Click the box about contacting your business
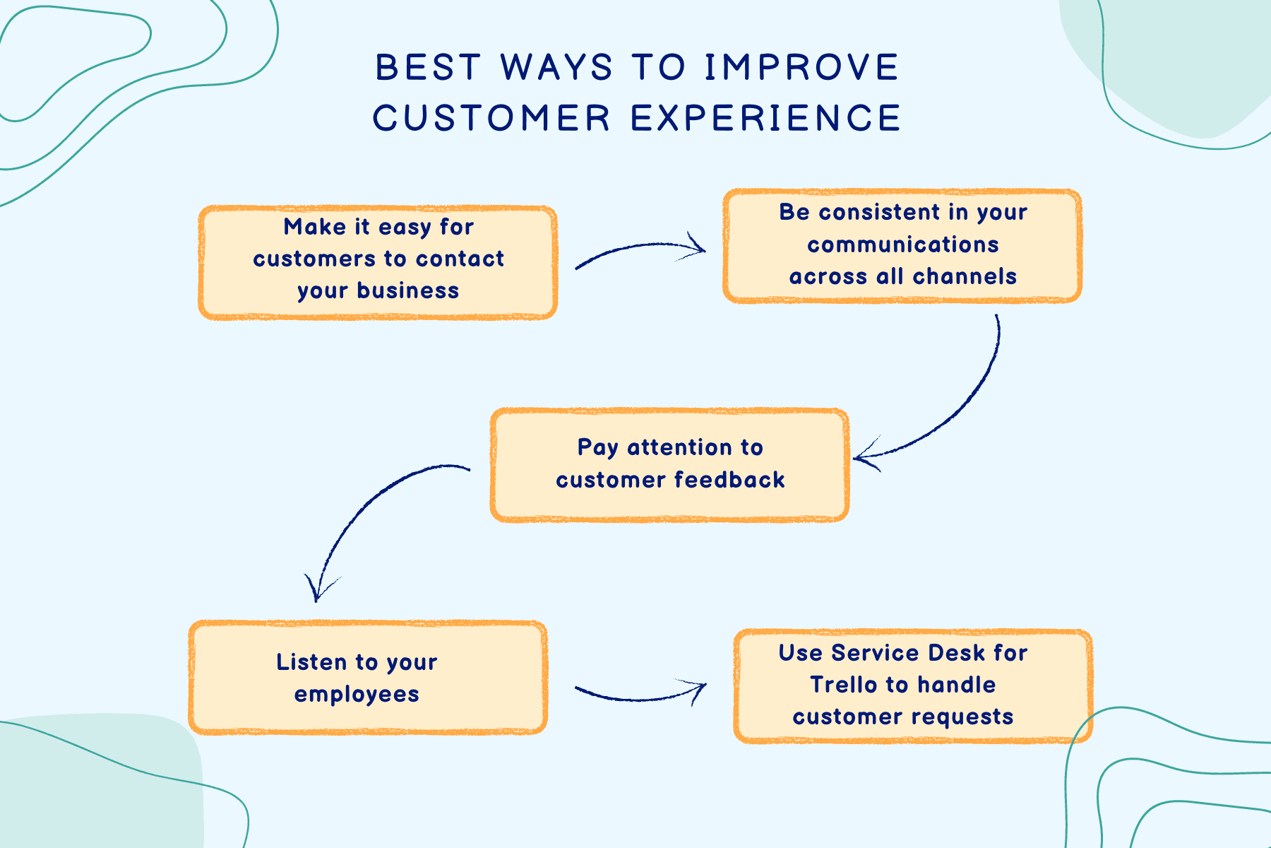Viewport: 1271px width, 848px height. tap(378, 262)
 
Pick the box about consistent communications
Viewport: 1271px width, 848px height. tap(902, 245)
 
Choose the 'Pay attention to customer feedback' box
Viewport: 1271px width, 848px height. tap(669, 464)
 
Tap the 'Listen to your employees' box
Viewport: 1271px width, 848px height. tap(368, 678)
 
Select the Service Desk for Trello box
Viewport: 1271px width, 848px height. tap(913, 685)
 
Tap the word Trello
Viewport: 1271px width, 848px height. tap(843, 685)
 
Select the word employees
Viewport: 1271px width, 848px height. tap(357, 695)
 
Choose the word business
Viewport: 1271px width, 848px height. tap(408, 290)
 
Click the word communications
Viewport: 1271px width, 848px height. tap(902, 245)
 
